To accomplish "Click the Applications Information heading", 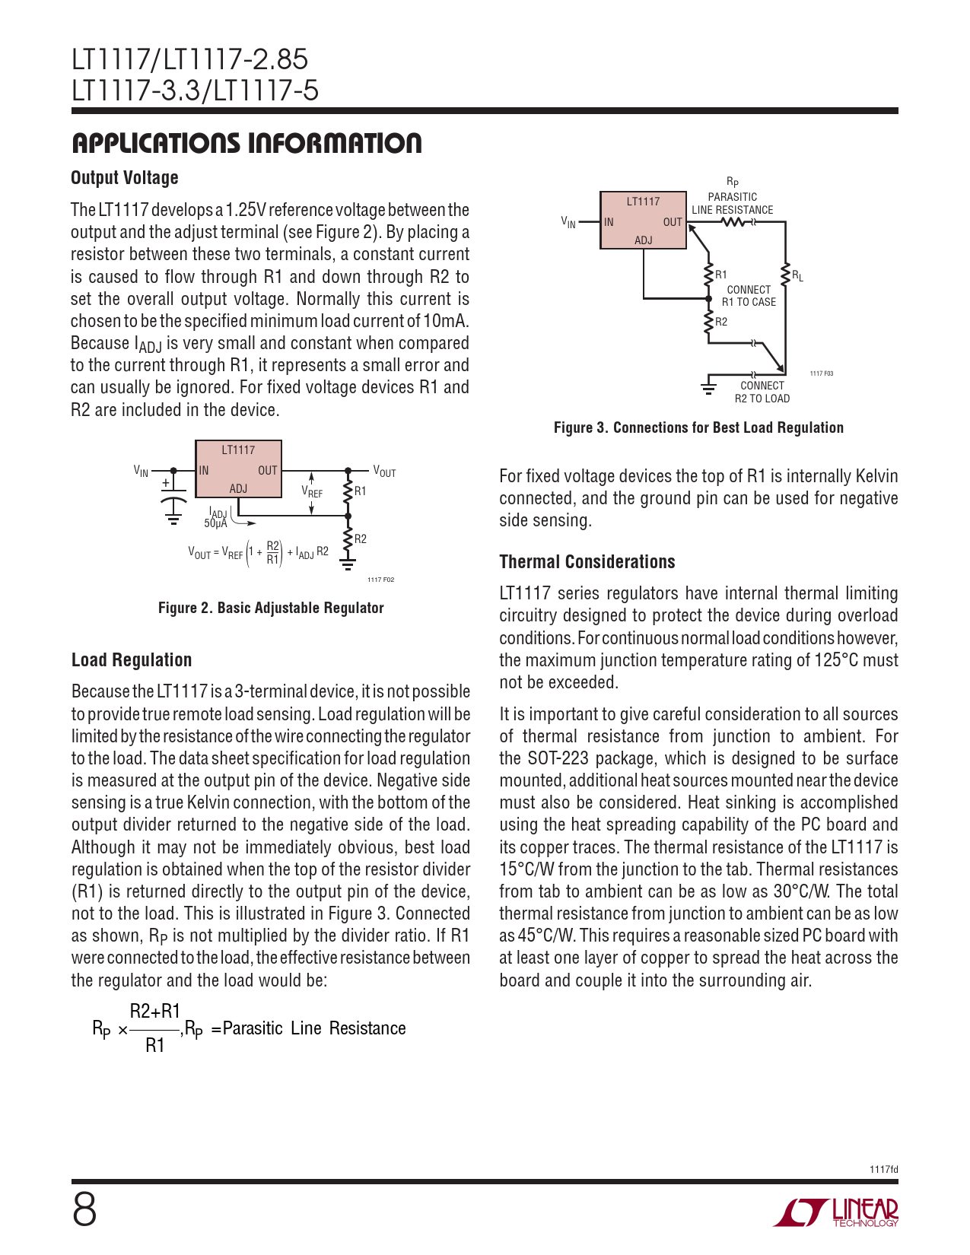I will tap(246, 143).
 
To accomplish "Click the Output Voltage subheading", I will tap(125, 178).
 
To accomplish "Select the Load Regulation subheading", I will tap(132, 660).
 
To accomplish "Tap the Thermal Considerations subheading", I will tap(587, 562).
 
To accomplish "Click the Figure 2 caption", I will tap(271, 608).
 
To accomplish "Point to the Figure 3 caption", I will tap(698, 427).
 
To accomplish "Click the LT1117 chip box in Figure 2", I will tap(238, 469).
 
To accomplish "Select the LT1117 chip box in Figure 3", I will tap(643, 220).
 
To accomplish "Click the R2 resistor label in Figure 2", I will tap(361, 539).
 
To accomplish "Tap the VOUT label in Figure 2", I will tap(384, 472).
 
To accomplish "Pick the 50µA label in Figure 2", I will tap(215, 523).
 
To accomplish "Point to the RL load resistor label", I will tap(797, 276).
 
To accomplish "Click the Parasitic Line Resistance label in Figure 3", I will tap(732, 203).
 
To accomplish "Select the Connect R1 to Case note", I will tap(749, 296).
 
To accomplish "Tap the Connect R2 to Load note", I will tap(762, 392).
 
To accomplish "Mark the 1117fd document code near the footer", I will tap(883, 1169).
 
